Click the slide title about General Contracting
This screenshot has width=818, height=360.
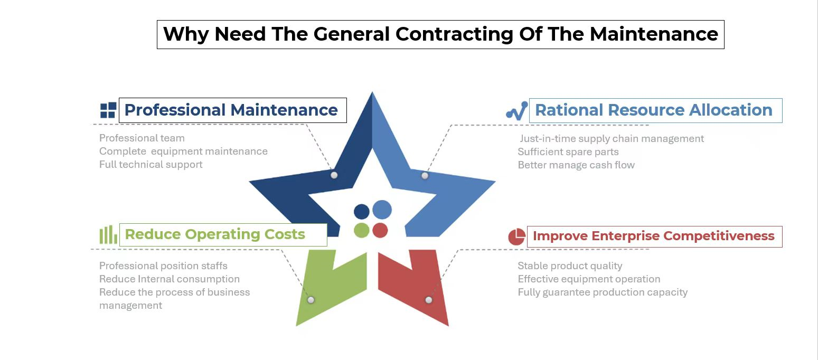pyautogui.click(x=440, y=34)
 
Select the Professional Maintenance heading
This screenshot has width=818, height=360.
pyautogui.click(x=231, y=110)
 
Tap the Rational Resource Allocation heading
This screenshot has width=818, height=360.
pyautogui.click(x=654, y=110)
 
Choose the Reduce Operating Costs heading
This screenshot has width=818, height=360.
pyautogui.click(x=215, y=234)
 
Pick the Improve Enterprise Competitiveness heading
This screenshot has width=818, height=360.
pyautogui.click(x=654, y=236)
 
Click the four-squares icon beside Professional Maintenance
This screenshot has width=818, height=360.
pyautogui.click(x=108, y=110)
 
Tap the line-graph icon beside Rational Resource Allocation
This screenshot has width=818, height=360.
pyautogui.click(x=516, y=111)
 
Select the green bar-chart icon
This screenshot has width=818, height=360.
pyautogui.click(x=108, y=234)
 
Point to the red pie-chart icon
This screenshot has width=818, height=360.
pyautogui.click(x=516, y=236)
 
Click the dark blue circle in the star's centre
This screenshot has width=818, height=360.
pyautogui.click(x=362, y=212)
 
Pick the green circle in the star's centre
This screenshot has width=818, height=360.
pyautogui.click(x=362, y=230)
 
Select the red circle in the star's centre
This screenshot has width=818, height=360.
pyautogui.click(x=380, y=230)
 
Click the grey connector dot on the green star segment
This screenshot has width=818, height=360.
pyautogui.click(x=311, y=300)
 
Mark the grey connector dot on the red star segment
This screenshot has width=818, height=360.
pyautogui.click(x=429, y=300)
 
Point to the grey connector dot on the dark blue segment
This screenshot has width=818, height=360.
pyautogui.click(x=334, y=175)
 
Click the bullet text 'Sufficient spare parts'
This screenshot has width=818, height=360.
pyautogui.click(x=568, y=152)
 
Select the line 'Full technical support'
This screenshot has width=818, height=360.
pyautogui.click(x=151, y=165)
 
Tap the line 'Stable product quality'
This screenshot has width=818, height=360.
pyautogui.click(x=570, y=266)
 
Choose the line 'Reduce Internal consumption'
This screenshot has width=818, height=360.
pyautogui.click(x=170, y=279)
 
